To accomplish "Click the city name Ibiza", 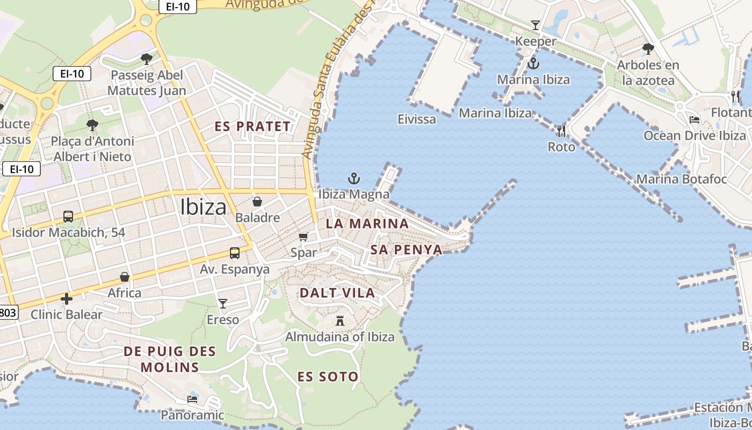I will click(203, 207).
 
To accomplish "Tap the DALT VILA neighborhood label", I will click(337, 293).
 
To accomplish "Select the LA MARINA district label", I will click(367, 224).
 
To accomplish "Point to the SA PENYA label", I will click(406, 249).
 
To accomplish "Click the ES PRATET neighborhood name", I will click(252, 127).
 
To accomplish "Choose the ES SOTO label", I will click(328, 377).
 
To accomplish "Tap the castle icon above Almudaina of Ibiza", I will click(339, 321).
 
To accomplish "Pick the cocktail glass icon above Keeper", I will click(535, 25).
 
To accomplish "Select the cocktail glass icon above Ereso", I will click(223, 304).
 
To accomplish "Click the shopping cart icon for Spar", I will click(303, 236).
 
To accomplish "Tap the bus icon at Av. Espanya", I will click(235, 253).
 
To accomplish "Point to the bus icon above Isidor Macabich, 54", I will click(68, 217).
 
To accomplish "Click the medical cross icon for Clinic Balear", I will click(67, 299).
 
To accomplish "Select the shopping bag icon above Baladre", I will click(257, 202).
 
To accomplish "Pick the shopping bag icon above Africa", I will click(125, 277).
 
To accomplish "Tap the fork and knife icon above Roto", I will click(561, 131).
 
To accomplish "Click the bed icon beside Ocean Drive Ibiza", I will click(695, 120).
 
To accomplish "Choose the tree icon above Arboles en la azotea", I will click(648, 49).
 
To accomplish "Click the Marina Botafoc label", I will click(681, 179).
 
